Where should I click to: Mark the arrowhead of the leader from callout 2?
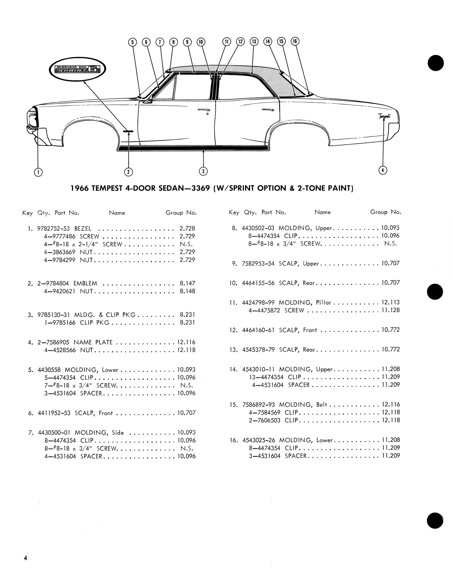tap(129, 133)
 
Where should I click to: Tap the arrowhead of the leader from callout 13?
tap(252, 74)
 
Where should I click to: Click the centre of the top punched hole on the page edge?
tap(436, 63)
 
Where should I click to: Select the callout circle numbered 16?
tap(295, 41)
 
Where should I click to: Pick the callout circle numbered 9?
tap(187, 42)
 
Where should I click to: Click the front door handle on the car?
tap(204, 110)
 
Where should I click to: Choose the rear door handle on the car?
tap(268, 110)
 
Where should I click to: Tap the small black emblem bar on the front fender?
tap(128, 131)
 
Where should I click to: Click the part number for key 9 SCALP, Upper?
tap(258, 263)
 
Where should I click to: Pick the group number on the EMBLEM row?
tap(188, 283)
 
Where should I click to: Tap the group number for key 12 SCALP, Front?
tap(391, 330)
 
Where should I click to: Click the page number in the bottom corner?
tap(25, 558)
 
